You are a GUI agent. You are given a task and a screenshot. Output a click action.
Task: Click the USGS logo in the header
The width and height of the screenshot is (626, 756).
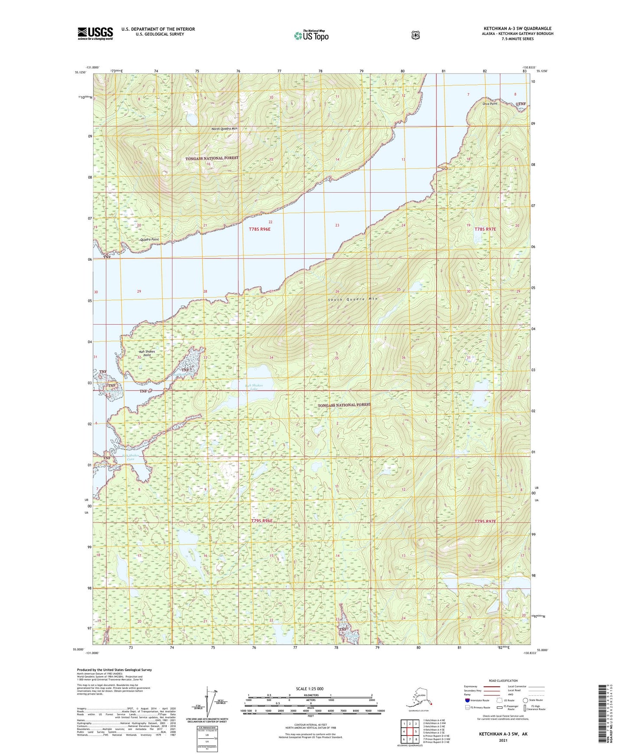95,33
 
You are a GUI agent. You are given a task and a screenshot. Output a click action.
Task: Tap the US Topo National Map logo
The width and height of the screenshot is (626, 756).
311,36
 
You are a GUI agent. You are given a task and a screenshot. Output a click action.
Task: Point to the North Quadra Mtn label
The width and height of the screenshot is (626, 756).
224,129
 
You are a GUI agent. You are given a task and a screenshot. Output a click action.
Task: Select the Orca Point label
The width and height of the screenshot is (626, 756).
490,104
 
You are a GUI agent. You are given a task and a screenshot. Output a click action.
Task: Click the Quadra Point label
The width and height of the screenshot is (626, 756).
149,239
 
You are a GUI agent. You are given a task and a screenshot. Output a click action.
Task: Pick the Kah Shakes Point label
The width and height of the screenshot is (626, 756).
147,353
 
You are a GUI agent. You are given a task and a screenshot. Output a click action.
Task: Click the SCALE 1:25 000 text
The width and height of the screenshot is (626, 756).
310,688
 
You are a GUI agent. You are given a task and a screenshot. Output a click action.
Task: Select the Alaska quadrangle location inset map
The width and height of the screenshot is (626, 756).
418,698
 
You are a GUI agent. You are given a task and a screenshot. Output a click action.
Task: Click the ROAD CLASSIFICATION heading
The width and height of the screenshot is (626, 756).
503,681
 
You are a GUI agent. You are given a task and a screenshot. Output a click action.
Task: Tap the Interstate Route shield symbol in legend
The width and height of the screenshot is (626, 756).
467,700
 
